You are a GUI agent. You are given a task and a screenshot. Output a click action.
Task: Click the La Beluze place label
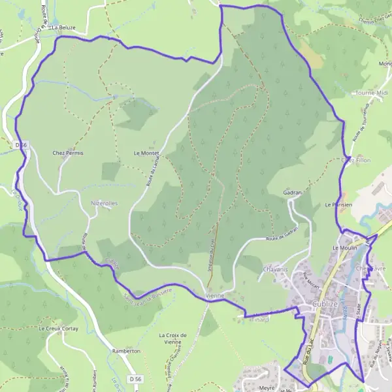[63, 27]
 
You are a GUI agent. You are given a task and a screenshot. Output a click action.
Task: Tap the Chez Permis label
[68, 153]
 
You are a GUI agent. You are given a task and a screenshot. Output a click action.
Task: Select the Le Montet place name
[146, 153]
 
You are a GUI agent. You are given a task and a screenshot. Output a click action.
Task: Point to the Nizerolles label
[105, 203]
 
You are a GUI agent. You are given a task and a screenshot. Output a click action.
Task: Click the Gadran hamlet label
[293, 193]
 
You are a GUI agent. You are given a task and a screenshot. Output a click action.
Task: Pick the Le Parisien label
[338, 204]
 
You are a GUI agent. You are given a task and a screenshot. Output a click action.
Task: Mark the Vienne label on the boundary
[214, 296]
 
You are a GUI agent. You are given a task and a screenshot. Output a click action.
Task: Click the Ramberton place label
[127, 351]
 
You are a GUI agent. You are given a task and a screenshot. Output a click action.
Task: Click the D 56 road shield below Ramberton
[135, 379]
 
